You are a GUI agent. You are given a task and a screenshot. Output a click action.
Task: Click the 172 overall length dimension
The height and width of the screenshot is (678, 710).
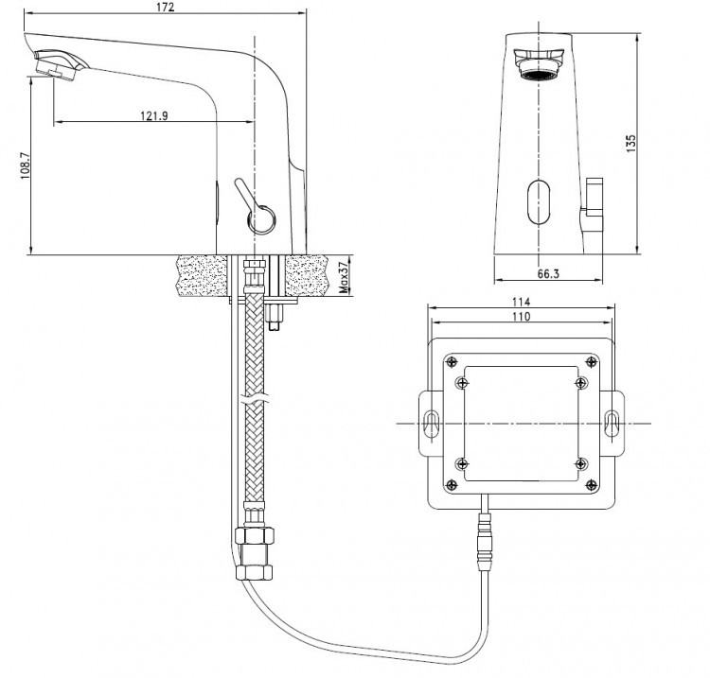(165, 8)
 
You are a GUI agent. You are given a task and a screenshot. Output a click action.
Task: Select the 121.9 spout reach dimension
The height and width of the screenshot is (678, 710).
(154, 115)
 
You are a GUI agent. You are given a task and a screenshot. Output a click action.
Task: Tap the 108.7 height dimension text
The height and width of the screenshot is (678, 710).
(26, 165)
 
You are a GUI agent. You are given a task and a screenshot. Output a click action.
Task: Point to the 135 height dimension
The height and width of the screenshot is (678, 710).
(630, 143)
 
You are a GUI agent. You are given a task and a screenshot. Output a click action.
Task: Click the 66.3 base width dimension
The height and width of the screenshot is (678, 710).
(548, 273)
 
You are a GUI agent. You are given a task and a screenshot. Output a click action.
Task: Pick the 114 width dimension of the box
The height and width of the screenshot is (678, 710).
(522, 302)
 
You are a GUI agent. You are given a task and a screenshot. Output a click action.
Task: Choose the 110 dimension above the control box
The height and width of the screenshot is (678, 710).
(522, 316)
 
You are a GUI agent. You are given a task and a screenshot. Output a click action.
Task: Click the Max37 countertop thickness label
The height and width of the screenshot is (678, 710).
(345, 276)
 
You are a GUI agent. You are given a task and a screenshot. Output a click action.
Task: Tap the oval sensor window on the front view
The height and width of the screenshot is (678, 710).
(539, 202)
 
